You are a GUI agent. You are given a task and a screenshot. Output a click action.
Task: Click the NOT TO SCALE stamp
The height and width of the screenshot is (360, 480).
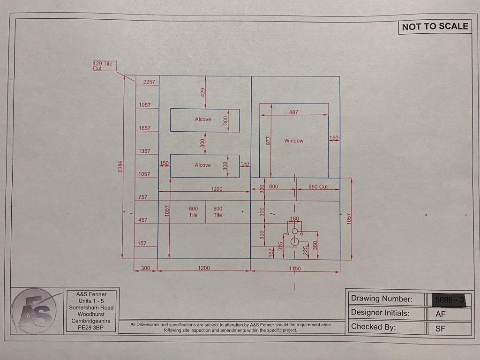click(435, 27)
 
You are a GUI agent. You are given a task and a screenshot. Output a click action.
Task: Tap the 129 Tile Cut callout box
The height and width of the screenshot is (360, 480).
click(104, 66)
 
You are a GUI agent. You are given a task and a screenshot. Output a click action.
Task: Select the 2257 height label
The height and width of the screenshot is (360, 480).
click(149, 82)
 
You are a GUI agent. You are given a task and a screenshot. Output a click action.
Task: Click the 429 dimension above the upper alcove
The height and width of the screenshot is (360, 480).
click(203, 92)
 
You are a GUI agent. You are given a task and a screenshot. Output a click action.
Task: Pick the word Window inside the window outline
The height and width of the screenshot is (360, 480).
click(293, 141)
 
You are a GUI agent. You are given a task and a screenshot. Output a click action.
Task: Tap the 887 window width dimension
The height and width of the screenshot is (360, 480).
click(293, 112)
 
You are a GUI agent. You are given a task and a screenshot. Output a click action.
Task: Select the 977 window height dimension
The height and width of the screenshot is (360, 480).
click(269, 141)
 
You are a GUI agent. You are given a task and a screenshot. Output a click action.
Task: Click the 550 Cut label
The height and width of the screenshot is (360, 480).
click(318, 187)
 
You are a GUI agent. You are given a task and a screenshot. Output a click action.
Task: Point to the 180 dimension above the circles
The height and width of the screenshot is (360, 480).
click(294, 219)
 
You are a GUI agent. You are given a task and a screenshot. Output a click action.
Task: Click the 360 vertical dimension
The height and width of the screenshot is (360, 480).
click(315, 245)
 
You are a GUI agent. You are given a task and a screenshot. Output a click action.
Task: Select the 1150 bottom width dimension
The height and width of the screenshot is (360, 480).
click(295, 269)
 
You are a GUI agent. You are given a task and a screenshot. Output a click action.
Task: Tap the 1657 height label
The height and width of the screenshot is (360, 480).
click(144, 128)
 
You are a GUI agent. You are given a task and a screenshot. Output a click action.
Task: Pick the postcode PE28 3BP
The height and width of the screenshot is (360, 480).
click(91, 328)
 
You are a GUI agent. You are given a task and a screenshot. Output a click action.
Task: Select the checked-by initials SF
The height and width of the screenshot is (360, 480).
click(440, 329)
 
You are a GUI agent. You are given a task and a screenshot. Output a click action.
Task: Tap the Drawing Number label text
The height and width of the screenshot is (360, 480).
click(382, 299)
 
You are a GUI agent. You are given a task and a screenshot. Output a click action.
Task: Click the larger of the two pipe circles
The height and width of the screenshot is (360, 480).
click(294, 241)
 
